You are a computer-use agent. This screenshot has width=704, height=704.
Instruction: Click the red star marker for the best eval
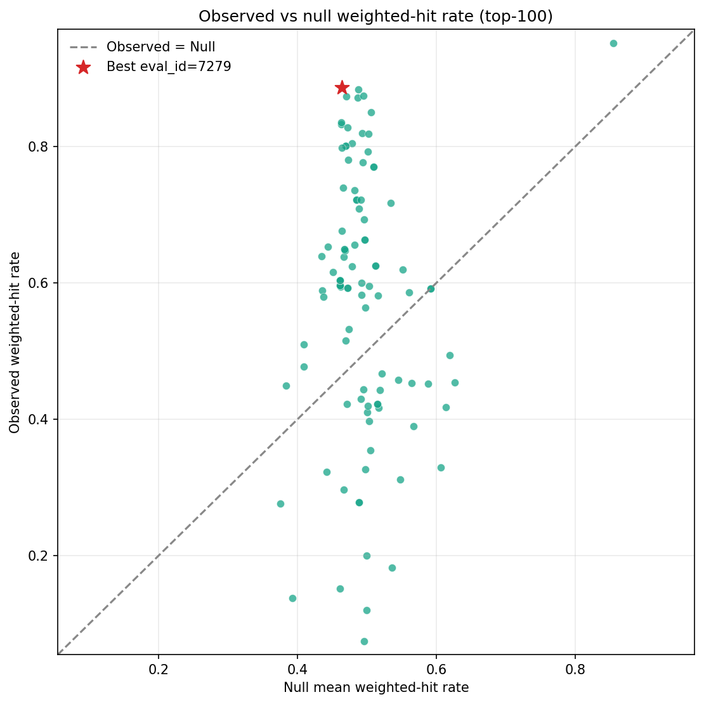coord(342,88)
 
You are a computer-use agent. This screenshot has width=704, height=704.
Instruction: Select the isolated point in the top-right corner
coord(613,43)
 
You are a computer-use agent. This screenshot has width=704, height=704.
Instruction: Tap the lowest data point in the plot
coord(364,641)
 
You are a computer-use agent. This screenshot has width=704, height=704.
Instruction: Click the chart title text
coord(375,16)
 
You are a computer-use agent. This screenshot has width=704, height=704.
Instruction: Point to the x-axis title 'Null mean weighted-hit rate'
coord(375,688)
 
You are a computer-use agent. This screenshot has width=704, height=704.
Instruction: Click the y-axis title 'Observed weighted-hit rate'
coord(15,342)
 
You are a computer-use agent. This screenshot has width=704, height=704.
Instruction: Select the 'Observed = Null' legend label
coord(160,47)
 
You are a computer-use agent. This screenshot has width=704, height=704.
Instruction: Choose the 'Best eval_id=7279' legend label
coord(169,67)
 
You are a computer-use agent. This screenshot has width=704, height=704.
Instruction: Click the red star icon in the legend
coord(83,67)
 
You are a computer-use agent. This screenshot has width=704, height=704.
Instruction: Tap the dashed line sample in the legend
coord(83,47)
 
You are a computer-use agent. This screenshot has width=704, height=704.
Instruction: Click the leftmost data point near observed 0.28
coord(280,504)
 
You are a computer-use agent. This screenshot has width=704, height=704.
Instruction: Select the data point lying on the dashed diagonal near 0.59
coord(431,289)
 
